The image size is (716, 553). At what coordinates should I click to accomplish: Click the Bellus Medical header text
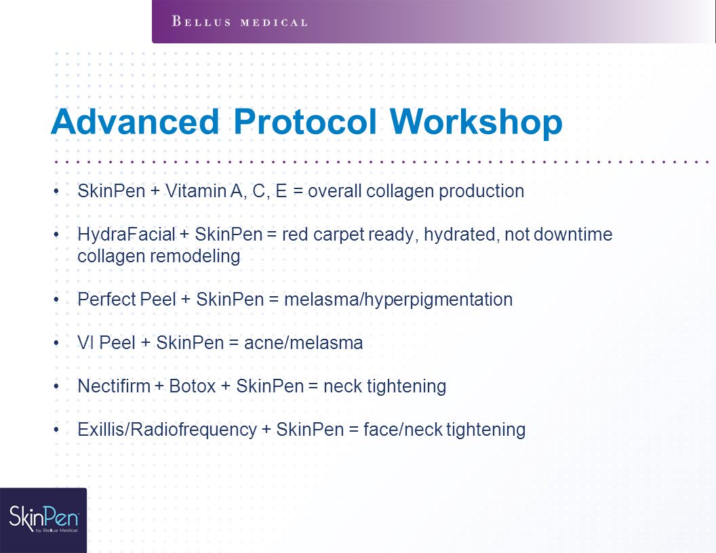[239, 22]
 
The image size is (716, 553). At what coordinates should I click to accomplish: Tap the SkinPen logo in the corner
[43, 520]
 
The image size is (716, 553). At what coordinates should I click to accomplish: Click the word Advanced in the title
[135, 122]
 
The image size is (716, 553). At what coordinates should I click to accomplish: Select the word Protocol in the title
[305, 122]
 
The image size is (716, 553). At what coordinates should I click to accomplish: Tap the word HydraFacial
[126, 234]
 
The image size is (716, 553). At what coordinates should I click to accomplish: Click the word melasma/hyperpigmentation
[398, 300]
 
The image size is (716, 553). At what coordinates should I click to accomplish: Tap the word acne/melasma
[303, 343]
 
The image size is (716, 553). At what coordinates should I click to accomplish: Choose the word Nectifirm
[114, 386]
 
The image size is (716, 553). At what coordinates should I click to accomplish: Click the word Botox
[193, 386]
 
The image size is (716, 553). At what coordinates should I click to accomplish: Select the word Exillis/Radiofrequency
[167, 430]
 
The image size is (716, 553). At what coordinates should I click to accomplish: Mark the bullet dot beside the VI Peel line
[56, 342]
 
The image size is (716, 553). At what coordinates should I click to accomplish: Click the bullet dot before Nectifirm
[56, 386]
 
